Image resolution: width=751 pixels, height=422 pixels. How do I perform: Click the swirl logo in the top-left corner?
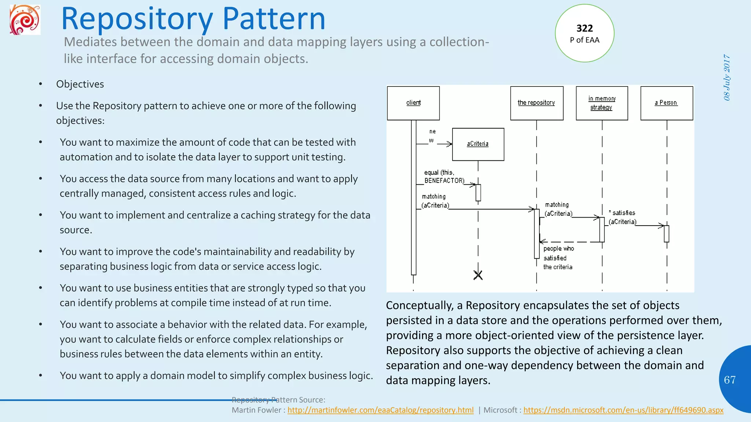coord(25,20)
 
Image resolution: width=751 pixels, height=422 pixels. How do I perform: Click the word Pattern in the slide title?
coord(274,19)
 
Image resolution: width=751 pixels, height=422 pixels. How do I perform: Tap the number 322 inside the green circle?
coord(585,28)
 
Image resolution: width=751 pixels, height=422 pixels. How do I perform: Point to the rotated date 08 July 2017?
coord(727,77)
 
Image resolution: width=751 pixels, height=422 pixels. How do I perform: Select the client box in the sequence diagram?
coord(413,103)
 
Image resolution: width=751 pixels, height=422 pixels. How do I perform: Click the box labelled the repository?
coord(536,103)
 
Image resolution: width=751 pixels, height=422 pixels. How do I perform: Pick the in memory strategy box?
coord(602,103)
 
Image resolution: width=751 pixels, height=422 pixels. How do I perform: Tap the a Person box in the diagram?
coord(666,103)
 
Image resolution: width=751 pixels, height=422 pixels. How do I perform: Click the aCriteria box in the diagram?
coord(478,144)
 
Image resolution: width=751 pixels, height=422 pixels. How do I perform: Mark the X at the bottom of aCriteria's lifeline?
coord(478,275)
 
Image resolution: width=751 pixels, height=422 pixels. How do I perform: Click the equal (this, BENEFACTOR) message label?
coord(444,177)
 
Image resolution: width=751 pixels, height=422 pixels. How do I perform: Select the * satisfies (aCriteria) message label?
coord(622,217)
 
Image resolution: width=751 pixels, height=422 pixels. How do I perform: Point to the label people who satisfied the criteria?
coord(558,258)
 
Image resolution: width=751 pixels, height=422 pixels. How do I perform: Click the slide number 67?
coord(729,380)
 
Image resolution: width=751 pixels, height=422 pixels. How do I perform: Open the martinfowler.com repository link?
coord(380,410)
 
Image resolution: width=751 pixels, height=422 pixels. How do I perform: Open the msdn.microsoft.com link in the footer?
coord(623,410)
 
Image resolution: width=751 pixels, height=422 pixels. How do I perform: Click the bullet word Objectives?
coord(80,84)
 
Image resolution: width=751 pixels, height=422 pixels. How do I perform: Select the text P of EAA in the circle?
coord(585,40)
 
